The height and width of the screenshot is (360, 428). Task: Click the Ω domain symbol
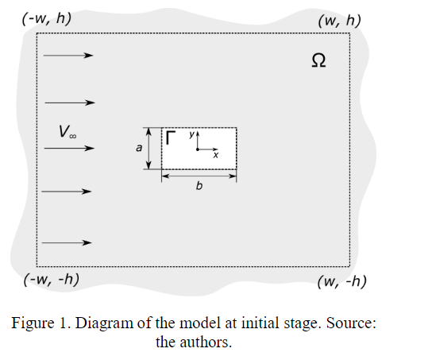pos(318,60)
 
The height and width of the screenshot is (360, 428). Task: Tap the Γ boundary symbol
pos(170,137)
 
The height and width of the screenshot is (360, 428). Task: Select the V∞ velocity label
pos(67,131)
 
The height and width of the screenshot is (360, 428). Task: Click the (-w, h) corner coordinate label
pos(47,19)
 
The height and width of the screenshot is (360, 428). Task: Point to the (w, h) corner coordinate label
pos(340,21)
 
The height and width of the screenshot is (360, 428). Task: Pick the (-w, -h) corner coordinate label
pos(52,280)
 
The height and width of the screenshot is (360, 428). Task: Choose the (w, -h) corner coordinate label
pos(342,281)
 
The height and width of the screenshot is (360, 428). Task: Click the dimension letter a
pos(139,148)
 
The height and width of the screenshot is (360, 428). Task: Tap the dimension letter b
pos(199,186)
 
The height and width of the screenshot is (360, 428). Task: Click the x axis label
pos(216,155)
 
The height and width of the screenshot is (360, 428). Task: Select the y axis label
pos(192,134)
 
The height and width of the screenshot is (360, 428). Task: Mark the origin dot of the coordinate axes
pos(198,149)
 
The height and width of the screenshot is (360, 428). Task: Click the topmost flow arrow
pos(68,56)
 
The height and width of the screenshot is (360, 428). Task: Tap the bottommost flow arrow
pos(67,242)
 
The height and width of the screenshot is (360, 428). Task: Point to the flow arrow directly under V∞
pos(69,148)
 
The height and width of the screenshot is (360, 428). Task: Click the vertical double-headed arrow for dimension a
pos(148,149)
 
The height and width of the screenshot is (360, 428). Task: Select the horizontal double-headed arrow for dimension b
pos(199,176)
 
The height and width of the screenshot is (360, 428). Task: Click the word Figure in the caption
pos(33,323)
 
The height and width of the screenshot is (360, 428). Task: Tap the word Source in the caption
pos(351,323)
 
